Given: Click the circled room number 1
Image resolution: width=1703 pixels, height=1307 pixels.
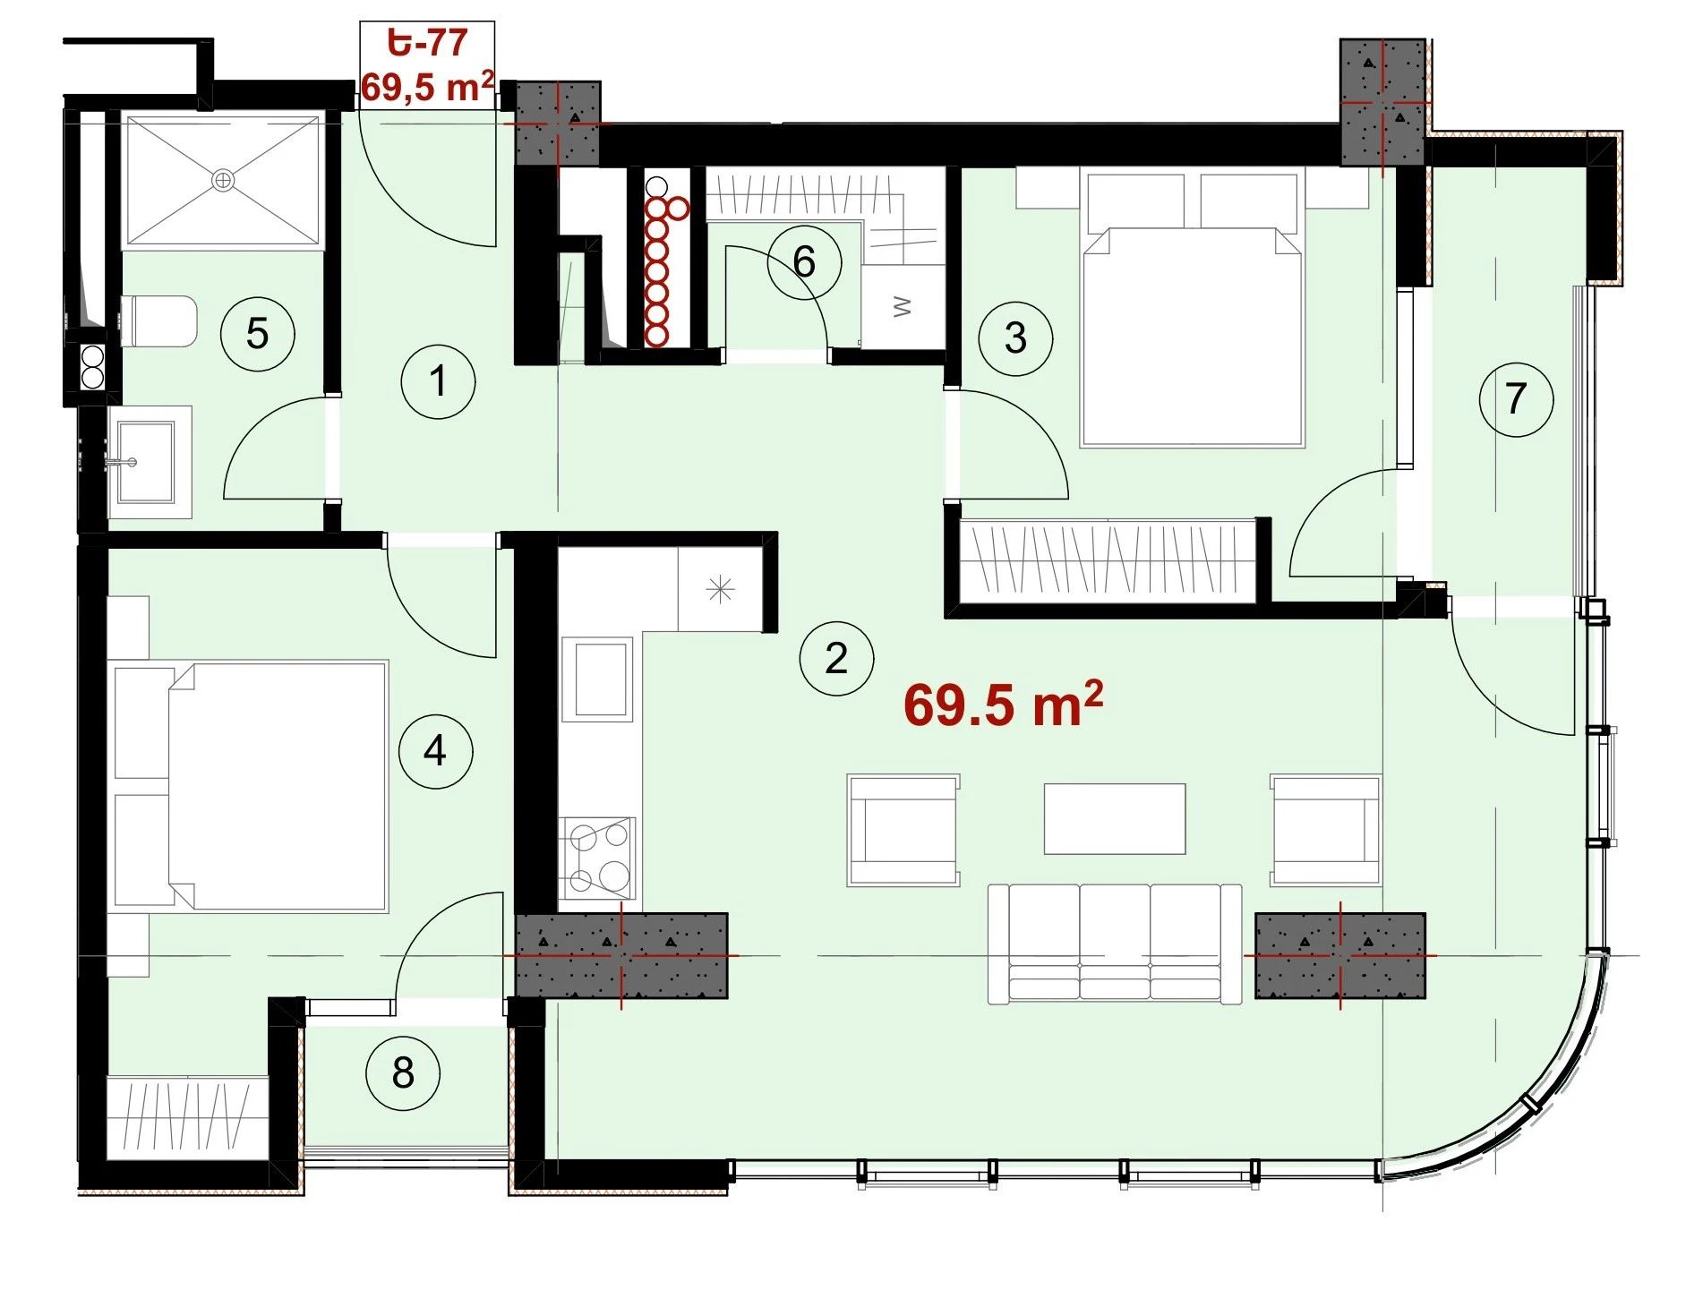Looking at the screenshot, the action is [x=438, y=381].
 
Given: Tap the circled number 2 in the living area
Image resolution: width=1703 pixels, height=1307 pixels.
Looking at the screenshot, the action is [x=836, y=659].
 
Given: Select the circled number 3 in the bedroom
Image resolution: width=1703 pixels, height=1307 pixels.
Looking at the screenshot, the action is [x=1015, y=337].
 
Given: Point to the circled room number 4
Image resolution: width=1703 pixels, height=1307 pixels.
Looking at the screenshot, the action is [x=435, y=750].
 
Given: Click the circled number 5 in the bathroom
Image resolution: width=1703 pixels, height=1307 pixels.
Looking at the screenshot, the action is [x=258, y=334].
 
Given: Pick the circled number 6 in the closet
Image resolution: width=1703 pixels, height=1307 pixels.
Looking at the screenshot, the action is [x=804, y=261].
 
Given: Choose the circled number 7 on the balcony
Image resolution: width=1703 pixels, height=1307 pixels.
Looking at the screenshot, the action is [x=1516, y=398].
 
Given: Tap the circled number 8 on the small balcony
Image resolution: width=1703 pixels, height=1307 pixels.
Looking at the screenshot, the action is [x=403, y=1072].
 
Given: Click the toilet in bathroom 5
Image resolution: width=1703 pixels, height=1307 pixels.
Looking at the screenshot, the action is [x=158, y=321].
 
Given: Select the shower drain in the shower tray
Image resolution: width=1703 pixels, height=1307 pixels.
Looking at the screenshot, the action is [x=223, y=181].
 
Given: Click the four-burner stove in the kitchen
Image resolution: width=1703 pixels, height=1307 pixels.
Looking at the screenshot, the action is [x=597, y=858].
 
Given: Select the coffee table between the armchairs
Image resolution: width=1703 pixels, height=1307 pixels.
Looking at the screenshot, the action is [x=1115, y=819].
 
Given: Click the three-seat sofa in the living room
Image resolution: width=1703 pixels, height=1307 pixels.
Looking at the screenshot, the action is [x=1115, y=944].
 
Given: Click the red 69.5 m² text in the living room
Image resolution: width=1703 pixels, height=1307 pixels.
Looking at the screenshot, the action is [x=1003, y=704].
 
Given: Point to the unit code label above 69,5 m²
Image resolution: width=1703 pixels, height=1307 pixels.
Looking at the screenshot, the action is [x=427, y=42].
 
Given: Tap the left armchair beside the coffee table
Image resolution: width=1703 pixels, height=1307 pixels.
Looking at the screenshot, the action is [x=903, y=830].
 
